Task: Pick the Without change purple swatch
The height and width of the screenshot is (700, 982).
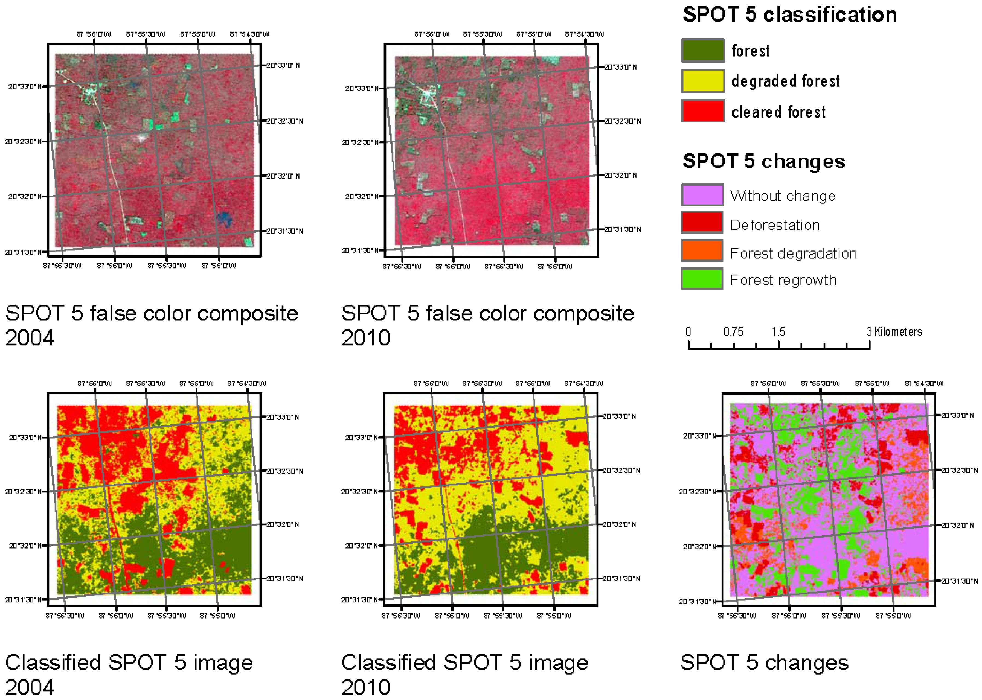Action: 702,195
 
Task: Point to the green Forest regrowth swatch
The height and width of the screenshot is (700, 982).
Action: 702,279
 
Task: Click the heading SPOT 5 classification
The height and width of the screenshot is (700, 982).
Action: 790,15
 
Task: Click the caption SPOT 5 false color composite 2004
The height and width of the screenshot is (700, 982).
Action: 151,325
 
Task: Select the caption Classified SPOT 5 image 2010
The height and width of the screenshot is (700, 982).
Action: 464,674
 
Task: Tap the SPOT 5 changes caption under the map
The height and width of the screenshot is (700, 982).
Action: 764,663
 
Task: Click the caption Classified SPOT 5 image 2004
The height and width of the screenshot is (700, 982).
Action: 129,674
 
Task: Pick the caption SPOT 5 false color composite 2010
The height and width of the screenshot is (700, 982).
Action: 487,325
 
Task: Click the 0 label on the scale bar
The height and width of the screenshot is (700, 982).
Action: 688,331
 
